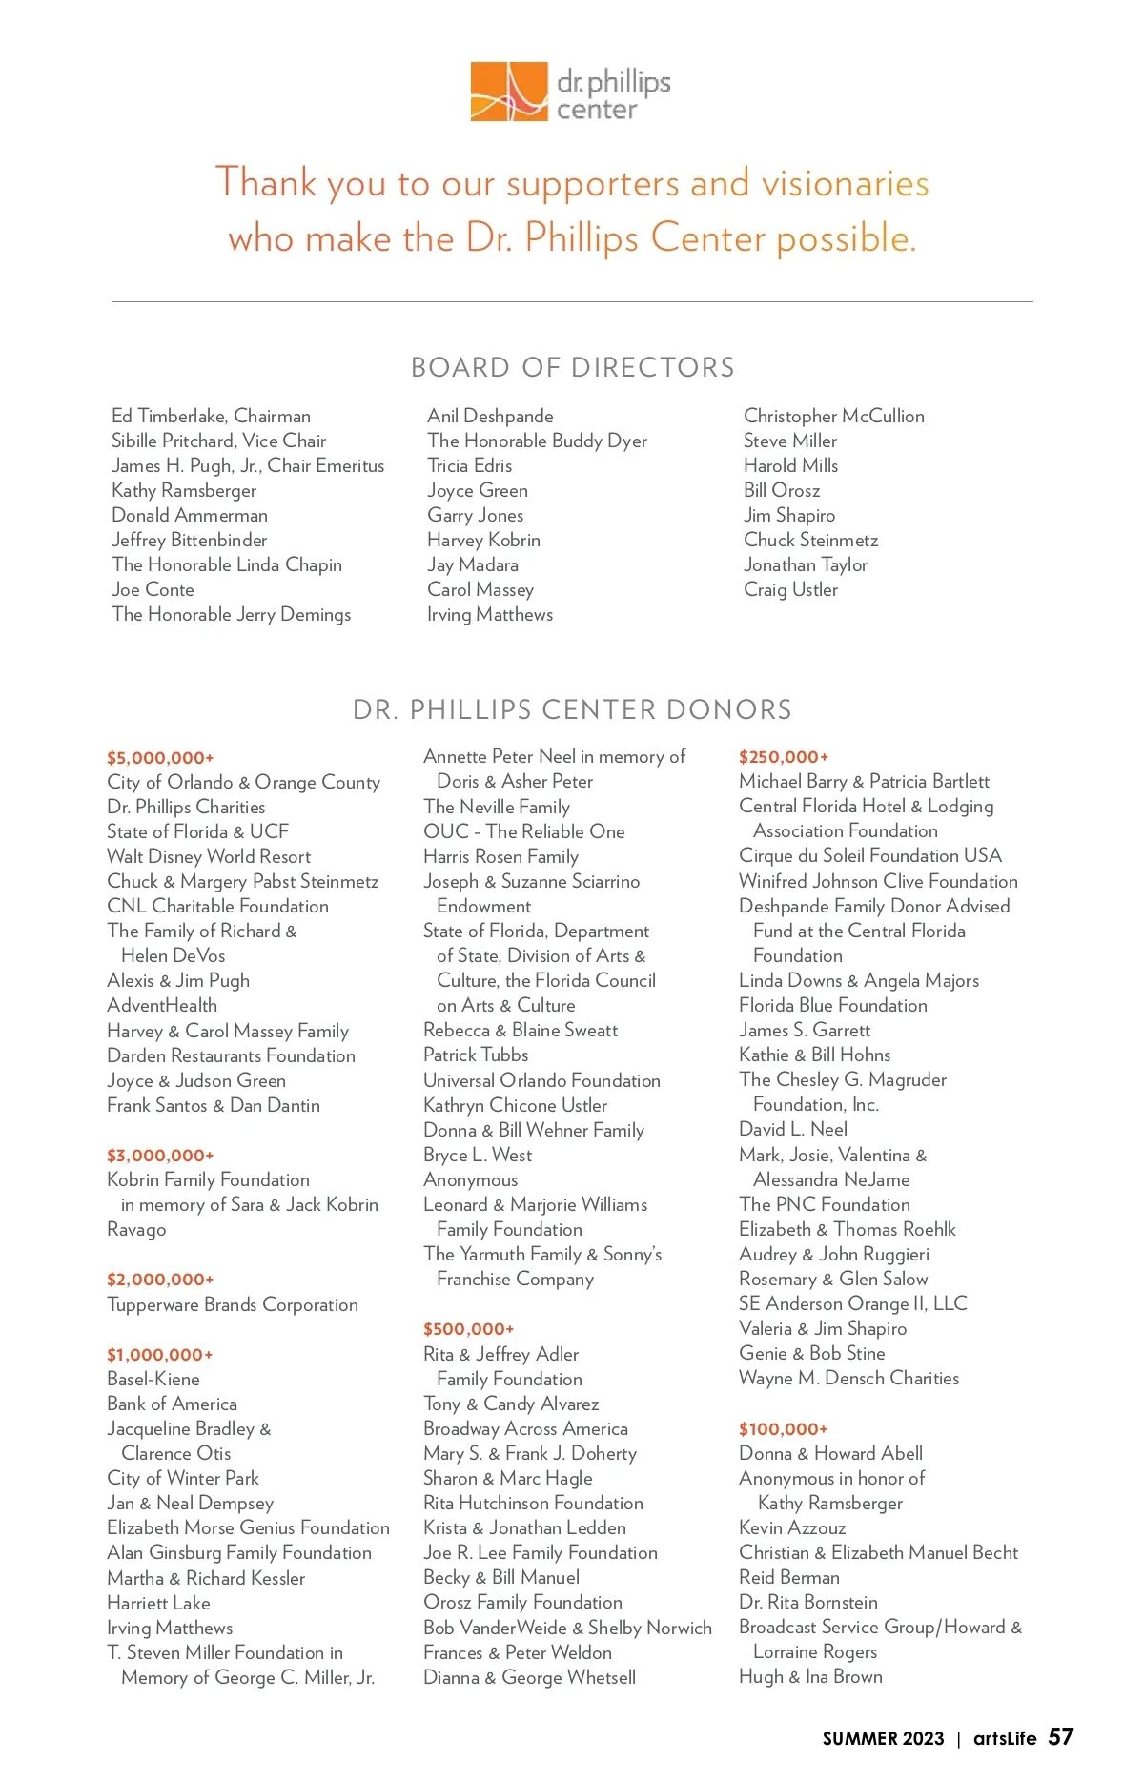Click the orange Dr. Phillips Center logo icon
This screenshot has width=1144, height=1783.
[x=509, y=92]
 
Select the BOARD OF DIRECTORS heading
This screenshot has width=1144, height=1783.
[x=572, y=367]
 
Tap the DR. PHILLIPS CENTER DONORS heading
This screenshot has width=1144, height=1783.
[x=572, y=709]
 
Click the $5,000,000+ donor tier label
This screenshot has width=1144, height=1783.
[x=160, y=758]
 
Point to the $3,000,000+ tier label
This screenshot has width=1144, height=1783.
[x=160, y=1156]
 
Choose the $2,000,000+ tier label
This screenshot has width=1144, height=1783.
[x=160, y=1280]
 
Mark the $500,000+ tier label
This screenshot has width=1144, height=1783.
[x=468, y=1329]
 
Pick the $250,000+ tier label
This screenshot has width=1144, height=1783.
[x=784, y=757]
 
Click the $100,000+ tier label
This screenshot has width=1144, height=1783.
[x=783, y=1429]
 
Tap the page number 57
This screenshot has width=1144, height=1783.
[x=1061, y=1737]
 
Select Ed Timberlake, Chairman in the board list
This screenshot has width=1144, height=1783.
[x=211, y=416]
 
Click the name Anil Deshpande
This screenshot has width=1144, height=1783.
[x=490, y=416]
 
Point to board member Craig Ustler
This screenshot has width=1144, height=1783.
[x=790, y=589]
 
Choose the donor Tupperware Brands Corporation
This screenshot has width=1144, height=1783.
[x=233, y=1304]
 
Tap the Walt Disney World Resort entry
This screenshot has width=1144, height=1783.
[x=209, y=856]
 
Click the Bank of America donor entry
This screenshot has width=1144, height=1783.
[x=172, y=1404]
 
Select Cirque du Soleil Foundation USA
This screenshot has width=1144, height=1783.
[x=869, y=855]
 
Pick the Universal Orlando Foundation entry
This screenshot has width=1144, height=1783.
[x=541, y=1080]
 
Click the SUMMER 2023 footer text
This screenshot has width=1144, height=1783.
[x=883, y=1738]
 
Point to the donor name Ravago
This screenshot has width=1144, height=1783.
[x=136, y=1229]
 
